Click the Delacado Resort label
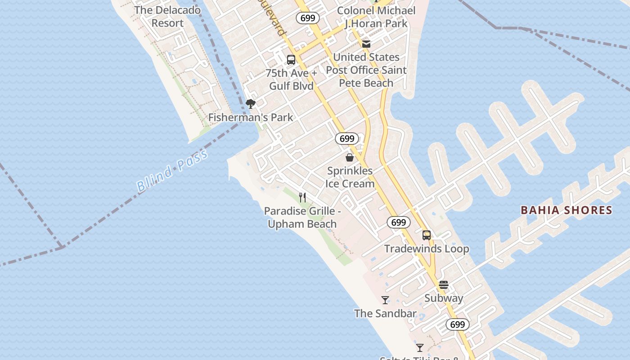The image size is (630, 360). [167, 17]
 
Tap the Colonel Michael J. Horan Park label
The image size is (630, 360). [376, 17]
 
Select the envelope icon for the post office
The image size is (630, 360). [366, 44]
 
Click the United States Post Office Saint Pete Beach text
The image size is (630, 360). [366, 70]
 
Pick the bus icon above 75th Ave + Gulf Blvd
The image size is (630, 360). [291, 60]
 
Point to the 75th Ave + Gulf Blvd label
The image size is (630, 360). [291, 80]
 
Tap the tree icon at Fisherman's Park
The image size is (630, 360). [251, 104]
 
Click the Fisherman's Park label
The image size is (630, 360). [250, 117]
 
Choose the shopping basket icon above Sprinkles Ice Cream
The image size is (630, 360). [350, 157]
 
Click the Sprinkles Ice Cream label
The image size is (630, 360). [350, 177]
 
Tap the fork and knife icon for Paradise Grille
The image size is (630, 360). [302, 198]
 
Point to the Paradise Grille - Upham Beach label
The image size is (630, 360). [302, 217]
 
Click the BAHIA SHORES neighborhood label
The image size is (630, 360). [566, 210]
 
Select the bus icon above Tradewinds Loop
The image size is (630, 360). [427, 235]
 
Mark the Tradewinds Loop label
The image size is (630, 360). [427, 249]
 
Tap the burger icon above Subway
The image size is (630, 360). [444, 285]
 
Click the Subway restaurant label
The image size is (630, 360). [444, 298]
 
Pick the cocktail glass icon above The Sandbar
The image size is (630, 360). [385, 300]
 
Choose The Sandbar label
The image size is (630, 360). [385, 314]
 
